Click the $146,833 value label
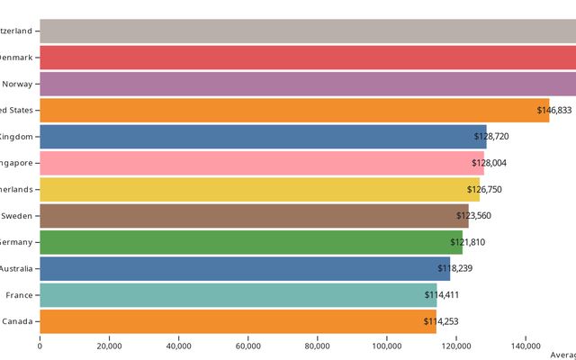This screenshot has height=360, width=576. pos(553,111)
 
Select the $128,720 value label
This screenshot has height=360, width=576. pos(492,137)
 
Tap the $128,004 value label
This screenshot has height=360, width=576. pos(490,163)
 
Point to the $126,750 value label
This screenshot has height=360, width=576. pos(485,190)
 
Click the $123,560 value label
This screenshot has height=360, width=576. pos(474,216)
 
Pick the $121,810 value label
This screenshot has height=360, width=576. pos(468,242)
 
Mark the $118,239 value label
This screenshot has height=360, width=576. pos(455,268)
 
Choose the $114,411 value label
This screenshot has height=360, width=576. pos(443,295)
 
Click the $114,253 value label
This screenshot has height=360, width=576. pos(442,321)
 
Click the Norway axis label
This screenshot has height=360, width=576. pos(18,84)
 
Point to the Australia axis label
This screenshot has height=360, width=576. pos(16,268)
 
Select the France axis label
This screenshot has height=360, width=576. pos(19,295)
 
